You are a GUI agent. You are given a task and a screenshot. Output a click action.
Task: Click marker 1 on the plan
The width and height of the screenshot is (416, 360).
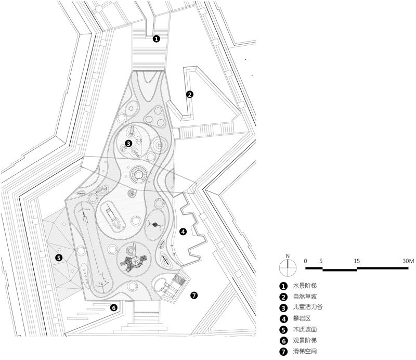point(157,38)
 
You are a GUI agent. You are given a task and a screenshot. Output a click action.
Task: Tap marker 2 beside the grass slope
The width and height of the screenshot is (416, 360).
point(190,94)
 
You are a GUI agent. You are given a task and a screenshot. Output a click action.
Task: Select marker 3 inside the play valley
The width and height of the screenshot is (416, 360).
point(128,144)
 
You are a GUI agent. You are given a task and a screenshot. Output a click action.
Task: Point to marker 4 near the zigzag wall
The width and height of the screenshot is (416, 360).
point(183,232)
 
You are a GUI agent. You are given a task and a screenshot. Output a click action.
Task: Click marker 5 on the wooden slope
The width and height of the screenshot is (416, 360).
point(59,256)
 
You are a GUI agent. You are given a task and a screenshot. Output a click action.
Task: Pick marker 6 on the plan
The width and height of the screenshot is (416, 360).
point(113,307)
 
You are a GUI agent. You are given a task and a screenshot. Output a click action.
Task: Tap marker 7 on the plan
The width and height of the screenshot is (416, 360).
point(194,295)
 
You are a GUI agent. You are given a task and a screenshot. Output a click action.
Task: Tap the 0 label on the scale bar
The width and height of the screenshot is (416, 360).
point(306,260)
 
